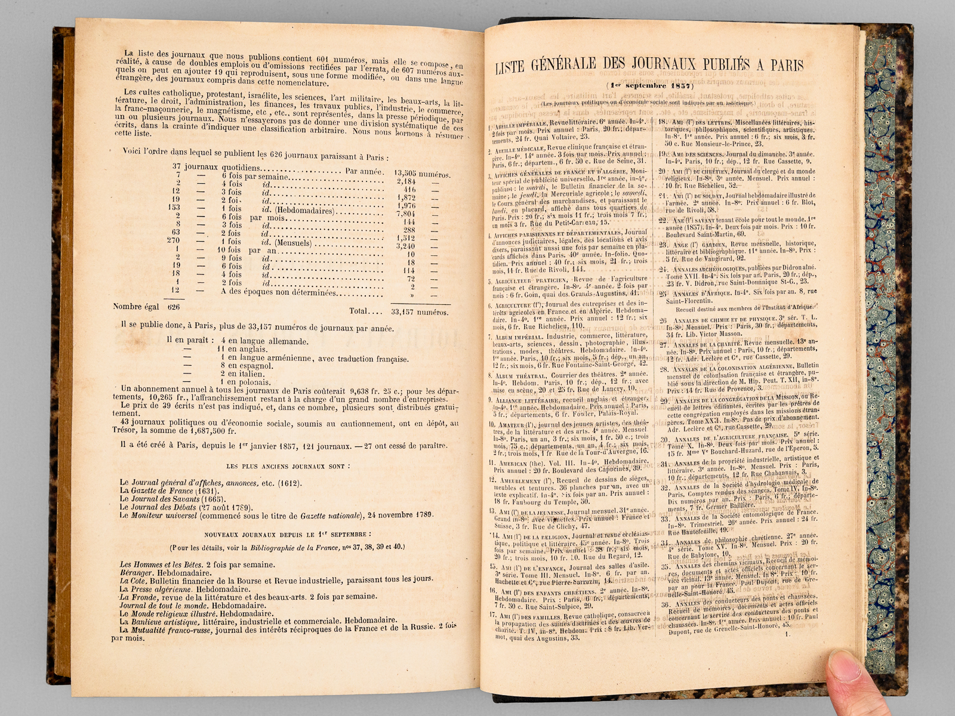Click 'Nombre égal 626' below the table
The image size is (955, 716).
(146, 307)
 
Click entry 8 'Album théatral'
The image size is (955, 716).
(517, 375)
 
